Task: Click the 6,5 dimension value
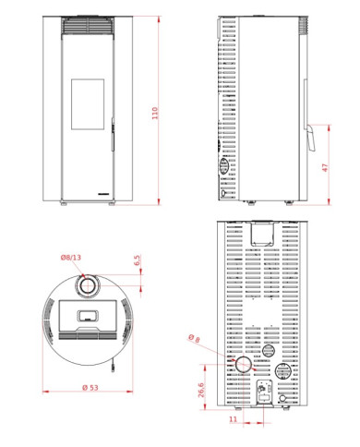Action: (137, 261)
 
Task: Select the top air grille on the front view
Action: (90, 30)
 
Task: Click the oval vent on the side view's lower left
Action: (223, 168)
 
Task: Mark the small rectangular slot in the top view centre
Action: (90, 316)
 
